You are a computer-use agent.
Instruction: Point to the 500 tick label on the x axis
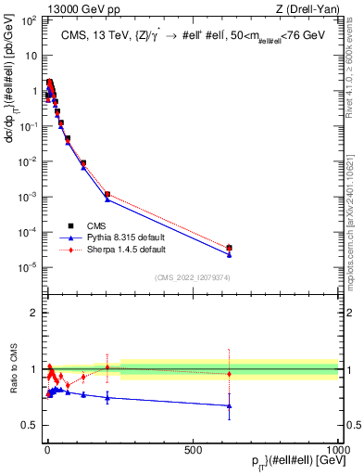tap(193, 449)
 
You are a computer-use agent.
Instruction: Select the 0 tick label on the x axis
tap(46, 449)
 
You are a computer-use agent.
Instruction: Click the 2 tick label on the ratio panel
tap(32, 313)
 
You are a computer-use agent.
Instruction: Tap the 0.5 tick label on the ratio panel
tap(29, 425)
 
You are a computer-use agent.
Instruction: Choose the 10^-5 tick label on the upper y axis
tap(29, 267)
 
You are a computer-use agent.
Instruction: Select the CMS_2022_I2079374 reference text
tap(193, 276)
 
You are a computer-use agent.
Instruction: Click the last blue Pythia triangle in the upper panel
tap(229, 254)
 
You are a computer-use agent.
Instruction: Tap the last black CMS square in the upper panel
tap(229, 248)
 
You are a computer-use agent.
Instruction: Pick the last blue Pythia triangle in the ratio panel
tap(229, 405)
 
